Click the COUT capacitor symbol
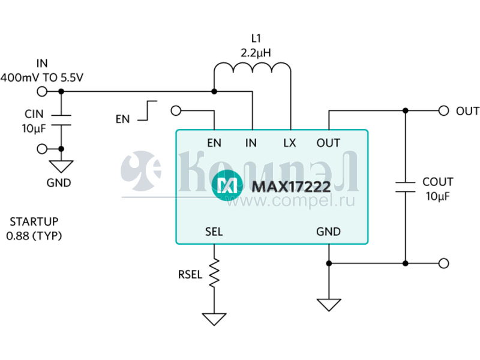coord(406,185)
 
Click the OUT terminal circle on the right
coord(443,110)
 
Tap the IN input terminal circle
coord(42,92)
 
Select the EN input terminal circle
coord(176,110)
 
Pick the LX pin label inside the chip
coord(289,143)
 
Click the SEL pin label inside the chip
coord(214,232)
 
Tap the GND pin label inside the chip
coord(328,232)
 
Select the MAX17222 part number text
coord(291,187)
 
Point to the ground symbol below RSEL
coord(214,318)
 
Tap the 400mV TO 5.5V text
coord(42,77)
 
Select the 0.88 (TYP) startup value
coord(34,236)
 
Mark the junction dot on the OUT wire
coord(406,110)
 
